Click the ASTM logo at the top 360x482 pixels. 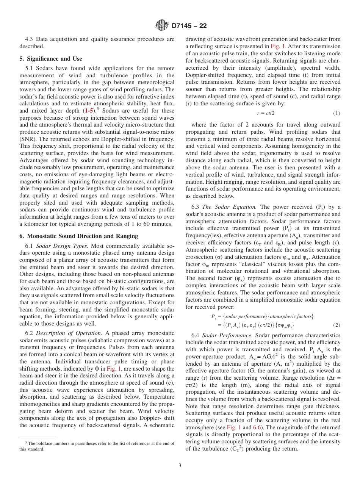click(162, 26)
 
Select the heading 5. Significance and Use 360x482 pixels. click(51, 59)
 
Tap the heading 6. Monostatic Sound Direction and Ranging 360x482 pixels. click(79, 236)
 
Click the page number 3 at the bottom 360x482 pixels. click(180, 466)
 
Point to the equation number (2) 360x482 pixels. click(337, 325)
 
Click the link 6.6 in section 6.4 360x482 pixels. click(258, 427)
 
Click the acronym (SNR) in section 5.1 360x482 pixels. click(27, 139)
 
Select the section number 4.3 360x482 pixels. click(30, 39)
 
